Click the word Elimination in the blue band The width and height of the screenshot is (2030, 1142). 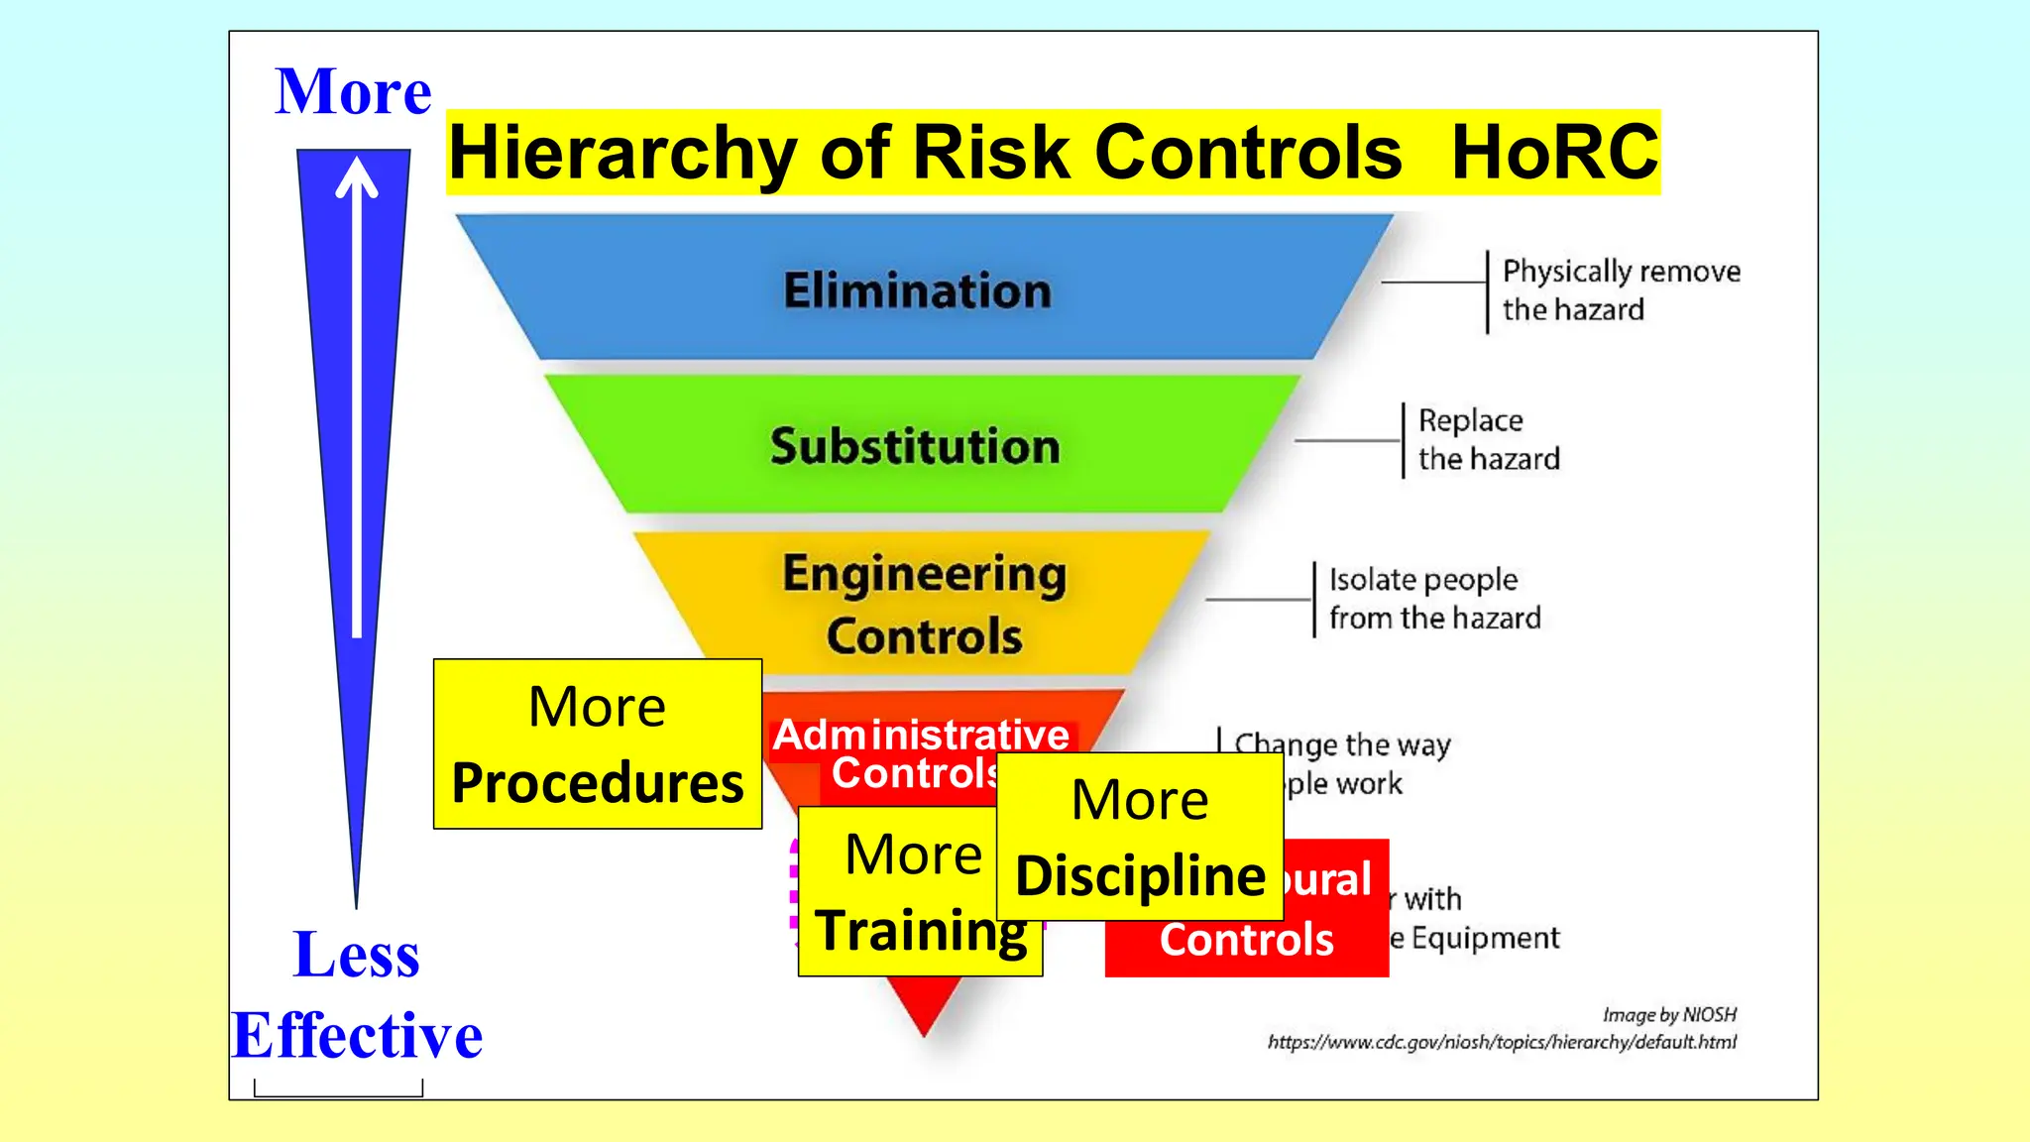(917, 290)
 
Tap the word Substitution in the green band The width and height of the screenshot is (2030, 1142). (915, 446)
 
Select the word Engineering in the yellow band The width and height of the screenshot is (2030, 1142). (924, 575)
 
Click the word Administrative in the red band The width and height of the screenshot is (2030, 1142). (921, 735)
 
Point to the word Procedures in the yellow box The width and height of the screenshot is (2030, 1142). (598, 783)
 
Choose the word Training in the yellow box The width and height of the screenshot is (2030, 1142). (921, 931)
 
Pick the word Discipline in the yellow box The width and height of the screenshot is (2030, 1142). (1140, 876)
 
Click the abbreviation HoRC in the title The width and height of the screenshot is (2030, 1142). (1554, 153)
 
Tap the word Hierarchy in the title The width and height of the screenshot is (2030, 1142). (622, 154)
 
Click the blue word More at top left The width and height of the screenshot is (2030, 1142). (353, 91)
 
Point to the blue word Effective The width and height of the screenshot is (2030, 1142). (357, 1035)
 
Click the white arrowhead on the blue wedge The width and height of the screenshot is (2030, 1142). (357, 177)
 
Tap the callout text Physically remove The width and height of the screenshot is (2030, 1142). (1621, 271)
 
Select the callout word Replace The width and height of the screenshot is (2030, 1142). (1470, 420)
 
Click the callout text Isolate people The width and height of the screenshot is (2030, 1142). (1422, 579)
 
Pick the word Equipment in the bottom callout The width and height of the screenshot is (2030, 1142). (1485, 938)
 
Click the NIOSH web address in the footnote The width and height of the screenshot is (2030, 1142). (1502, 1042)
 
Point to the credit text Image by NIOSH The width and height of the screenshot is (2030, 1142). (1669, 1014)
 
